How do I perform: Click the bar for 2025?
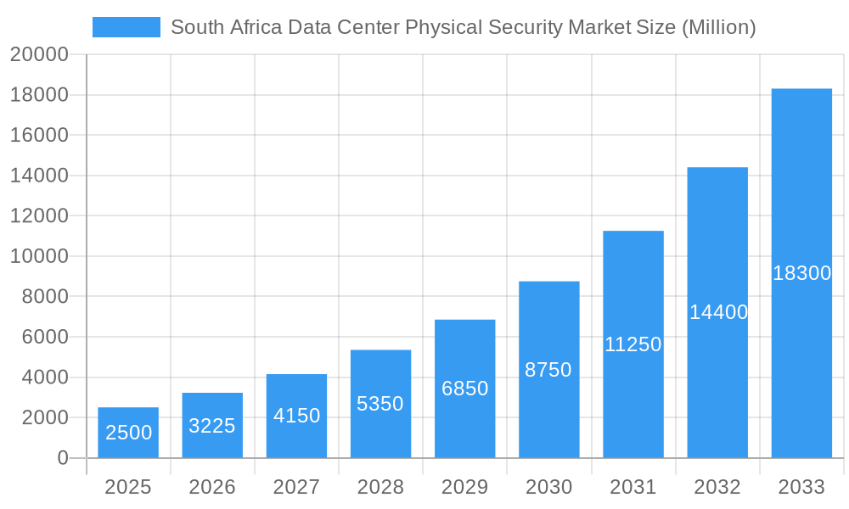coord(128,433)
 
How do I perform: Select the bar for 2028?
coord(380,404)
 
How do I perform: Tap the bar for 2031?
coord(633,344)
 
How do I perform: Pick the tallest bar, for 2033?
coord(801,273)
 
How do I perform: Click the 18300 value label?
coord(801,273)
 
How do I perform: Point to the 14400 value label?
coord(718,312)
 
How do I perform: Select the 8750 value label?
coord(548,370)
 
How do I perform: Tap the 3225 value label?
coord(212,426)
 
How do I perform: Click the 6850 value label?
coord(465,389)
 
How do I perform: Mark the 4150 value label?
coord(296,416)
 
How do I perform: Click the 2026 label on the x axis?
coord(212,487)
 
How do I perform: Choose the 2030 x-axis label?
coord(548,487)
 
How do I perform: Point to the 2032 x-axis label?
coord(717,487)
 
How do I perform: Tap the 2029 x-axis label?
coord(465,487)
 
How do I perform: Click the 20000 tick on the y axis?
coord(39,55)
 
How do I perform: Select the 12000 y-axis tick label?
coord(39,216)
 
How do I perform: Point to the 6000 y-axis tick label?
coord(44,337)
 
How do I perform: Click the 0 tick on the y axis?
coord(63,458)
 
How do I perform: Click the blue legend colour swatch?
coord(126,27)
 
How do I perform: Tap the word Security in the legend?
coord(526,27)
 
